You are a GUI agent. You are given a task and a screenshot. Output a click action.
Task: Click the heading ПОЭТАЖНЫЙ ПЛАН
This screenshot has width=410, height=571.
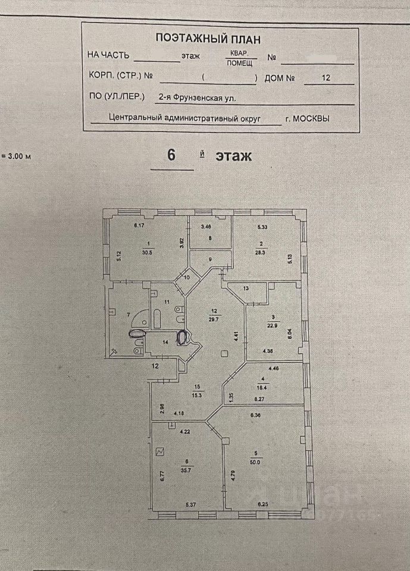[208, 38]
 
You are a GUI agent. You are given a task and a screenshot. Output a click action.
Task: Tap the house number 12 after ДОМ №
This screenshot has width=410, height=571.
[326, 77]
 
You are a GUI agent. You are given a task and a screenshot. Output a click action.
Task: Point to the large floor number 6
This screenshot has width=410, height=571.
[171, 155]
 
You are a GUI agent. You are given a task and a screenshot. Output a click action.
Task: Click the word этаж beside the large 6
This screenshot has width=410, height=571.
[234, 156]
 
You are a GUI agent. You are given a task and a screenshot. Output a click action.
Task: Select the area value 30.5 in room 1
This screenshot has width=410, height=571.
[147, 252]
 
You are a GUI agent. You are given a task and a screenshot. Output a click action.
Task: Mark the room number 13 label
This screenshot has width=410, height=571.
[247, 288]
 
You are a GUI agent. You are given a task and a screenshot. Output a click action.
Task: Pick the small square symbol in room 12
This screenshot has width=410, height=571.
[223, 354]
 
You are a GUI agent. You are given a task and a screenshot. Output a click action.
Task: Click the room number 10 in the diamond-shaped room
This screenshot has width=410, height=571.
[186, 277]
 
